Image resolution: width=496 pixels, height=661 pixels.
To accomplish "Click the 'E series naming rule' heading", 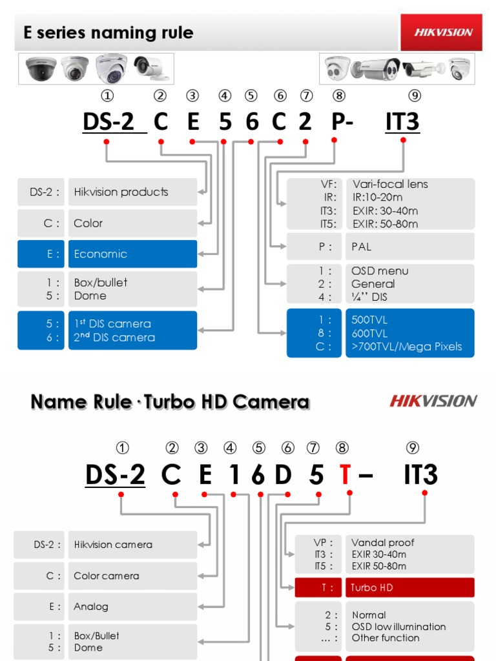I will pos(108,33).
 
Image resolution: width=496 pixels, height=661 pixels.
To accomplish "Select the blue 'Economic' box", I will pos(132,254).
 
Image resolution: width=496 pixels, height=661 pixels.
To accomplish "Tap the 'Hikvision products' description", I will pos(121,192).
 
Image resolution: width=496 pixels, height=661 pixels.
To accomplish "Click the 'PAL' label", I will pos(362,247).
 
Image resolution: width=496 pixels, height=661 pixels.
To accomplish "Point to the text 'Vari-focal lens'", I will pos(390,184).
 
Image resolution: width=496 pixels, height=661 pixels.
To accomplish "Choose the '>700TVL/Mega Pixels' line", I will pos(407,347).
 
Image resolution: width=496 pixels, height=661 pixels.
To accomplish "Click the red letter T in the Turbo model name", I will pos(346,475).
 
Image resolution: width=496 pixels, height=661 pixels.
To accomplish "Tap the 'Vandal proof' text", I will pos(383,543).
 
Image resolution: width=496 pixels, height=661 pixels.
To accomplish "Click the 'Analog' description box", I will pos(132,607).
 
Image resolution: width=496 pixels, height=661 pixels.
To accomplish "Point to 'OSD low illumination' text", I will pos(398,627).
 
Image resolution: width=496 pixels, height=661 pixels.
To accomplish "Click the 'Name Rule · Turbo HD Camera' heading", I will pos(170,402).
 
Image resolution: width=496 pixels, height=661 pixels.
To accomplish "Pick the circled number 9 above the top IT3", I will pos(415,96).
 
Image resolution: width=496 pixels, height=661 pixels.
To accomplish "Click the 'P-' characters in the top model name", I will pos(342,121).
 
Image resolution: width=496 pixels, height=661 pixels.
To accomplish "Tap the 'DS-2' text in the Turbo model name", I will pos(115,475).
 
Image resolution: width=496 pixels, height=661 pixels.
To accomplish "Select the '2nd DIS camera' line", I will pos(115,337).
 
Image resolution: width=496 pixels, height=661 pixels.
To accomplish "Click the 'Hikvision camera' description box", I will pos(132,545).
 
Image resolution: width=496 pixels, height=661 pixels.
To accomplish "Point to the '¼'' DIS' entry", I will pos(369,298).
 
